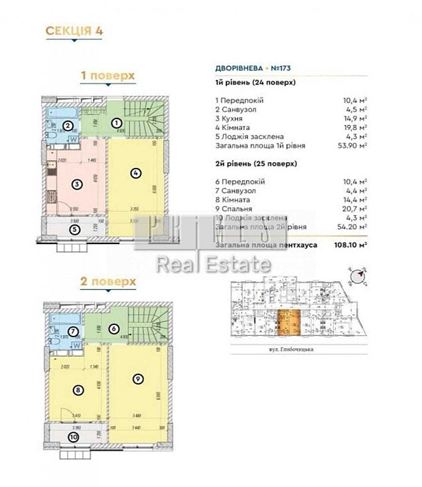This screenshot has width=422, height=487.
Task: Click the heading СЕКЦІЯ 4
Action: tap(73, 31)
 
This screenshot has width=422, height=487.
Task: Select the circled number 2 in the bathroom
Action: tap(67, 126)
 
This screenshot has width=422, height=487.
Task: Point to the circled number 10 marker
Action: tap(73, 438)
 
